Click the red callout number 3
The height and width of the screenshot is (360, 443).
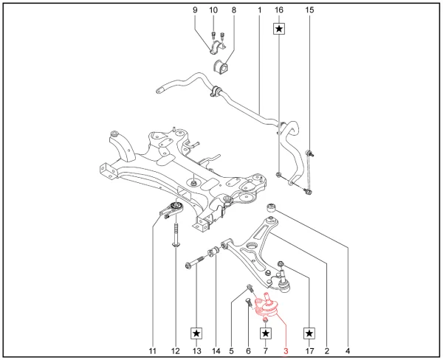pyautogui.click(x=286, y=351)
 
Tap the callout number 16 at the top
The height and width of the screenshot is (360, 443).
pyautogui.click(x=279, y=10)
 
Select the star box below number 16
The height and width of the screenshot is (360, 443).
pyautogui.click(x=279, y=29)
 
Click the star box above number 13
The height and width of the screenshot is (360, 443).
pyautogui.click(x=196, y=333)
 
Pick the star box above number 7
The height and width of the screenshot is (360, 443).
pyautogui.click(x=265, y=333)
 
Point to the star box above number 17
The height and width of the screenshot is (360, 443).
pyautogui.click(x=309, y=333)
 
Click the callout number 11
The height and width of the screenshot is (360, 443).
pyautogui.click(x=153, y=351)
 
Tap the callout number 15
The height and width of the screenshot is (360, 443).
pyautogui.click(x=309, y=10)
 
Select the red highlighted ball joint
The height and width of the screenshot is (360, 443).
pyautogui.click(x=265, y=308)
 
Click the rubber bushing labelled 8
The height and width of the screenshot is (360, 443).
pyautogui.click(x=220, y=67)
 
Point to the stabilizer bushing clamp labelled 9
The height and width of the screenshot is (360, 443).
pyautogui.click(x=217, y=47)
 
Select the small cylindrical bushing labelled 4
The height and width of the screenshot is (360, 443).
pyautogui.click(x=271, y=208)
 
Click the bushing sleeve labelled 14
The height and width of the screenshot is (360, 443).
pyautogui.click(x=214, y=252)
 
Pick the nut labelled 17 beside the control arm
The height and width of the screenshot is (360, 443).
pyautogui.click(x=281, y=264)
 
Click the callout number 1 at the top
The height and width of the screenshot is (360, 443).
pyautogui.click(x=259, y=10)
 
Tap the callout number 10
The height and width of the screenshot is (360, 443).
pyautogui.click(x=213, y=10)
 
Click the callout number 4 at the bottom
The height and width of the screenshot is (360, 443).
pyautogui.click(x=348, y=351)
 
